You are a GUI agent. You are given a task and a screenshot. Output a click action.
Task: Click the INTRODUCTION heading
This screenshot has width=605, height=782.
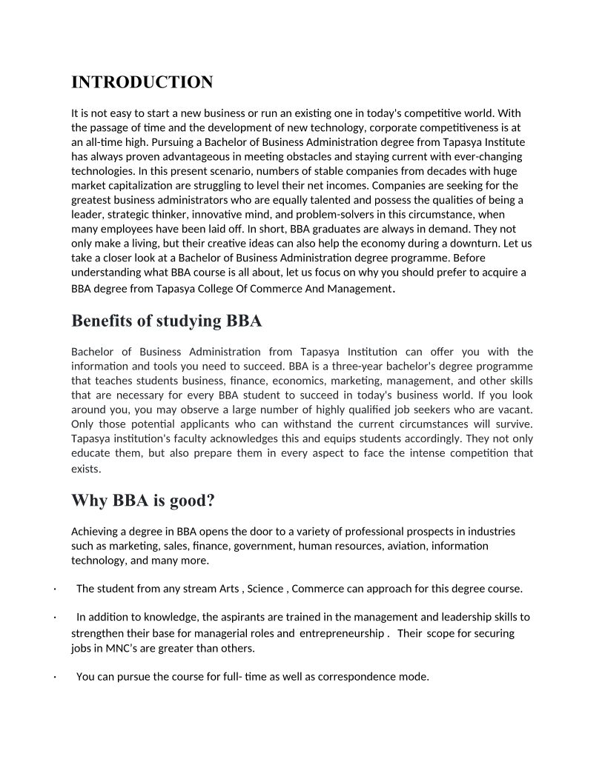[x=142, y=82]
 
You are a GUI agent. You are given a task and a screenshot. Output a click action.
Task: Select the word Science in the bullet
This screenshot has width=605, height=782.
[x=265, y=589]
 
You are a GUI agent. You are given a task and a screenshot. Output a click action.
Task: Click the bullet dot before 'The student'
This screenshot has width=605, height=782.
[x=55, y=589]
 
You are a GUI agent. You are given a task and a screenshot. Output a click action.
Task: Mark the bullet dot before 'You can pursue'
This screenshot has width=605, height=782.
[x=55, y=677]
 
